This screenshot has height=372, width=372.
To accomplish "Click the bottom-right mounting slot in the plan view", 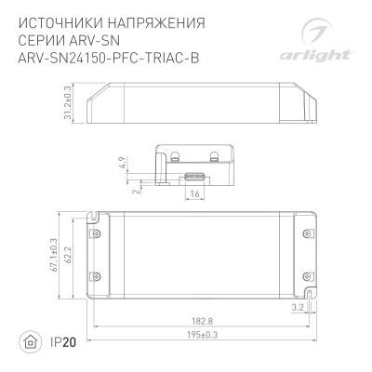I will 311,299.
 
